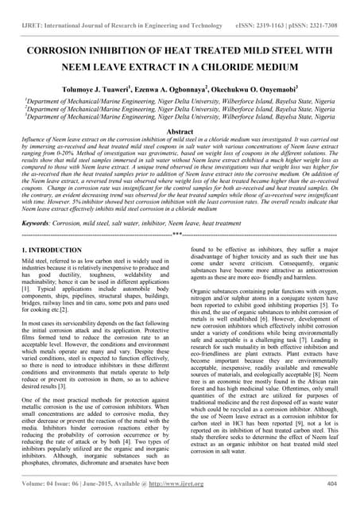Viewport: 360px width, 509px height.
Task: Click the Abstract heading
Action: pos(180,130)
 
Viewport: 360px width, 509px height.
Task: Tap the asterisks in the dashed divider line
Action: pos(180,236)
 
